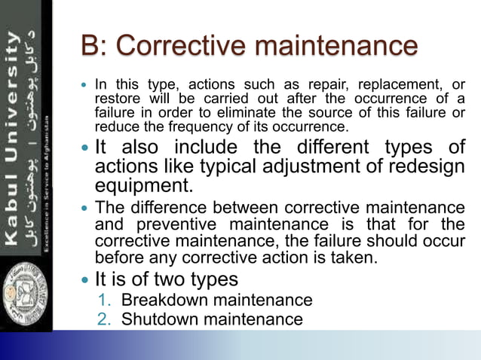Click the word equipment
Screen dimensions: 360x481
[x=139, y=185]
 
